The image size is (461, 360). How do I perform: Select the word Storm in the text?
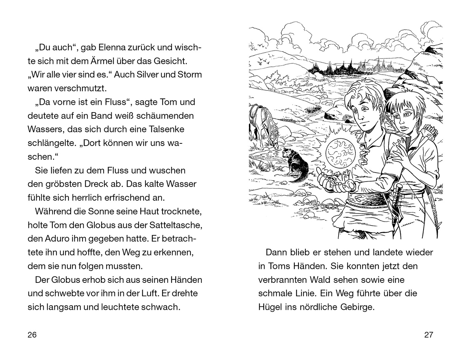point(190,75)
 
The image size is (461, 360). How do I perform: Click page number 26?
point(32,335)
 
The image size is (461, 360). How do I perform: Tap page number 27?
point(428,335)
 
